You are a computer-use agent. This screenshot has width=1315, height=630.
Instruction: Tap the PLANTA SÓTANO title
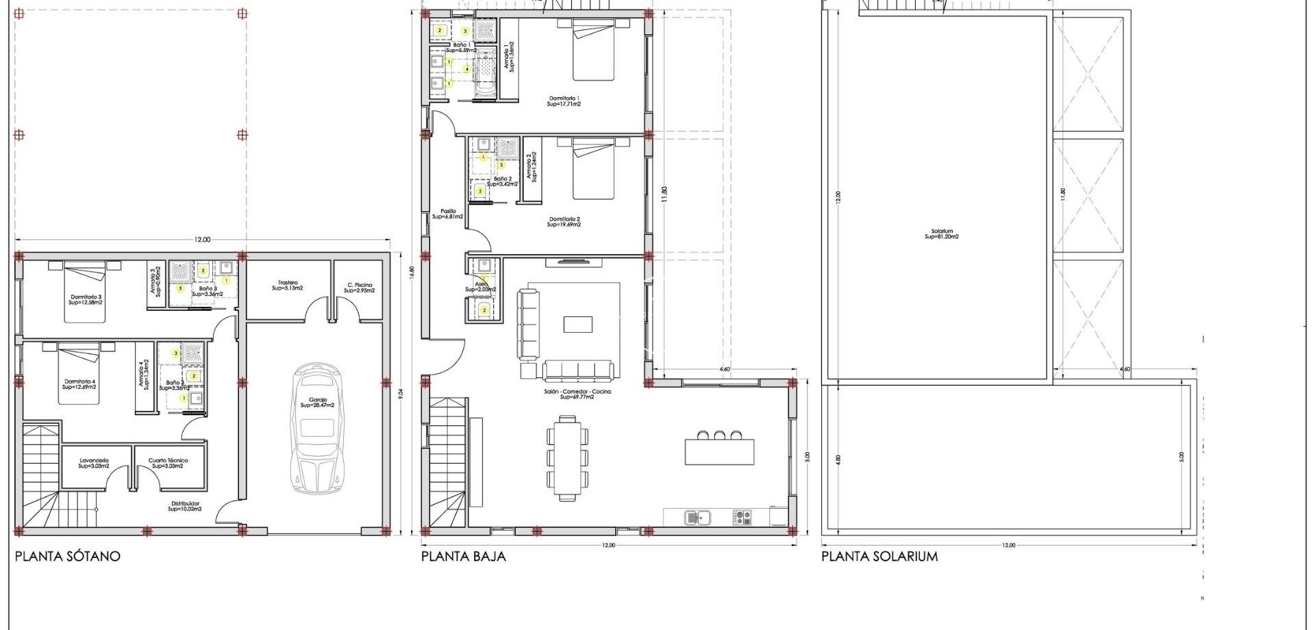[68, 556]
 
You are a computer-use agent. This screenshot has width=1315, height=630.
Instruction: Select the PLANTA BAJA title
[464, 556]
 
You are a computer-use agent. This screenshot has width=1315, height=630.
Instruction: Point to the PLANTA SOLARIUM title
[879, 556]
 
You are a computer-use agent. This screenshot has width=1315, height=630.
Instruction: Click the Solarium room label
[942, 234]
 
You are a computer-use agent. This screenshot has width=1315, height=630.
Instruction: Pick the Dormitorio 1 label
[564, 101]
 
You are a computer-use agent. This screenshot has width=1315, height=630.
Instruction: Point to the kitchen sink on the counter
[697, 517]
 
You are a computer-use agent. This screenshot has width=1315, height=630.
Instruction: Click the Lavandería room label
[94, 463]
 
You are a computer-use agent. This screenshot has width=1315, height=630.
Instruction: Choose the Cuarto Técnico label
[168, 463]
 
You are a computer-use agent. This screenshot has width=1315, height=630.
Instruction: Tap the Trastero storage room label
[288, 285]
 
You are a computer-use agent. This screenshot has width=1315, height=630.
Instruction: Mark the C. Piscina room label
[359, 288]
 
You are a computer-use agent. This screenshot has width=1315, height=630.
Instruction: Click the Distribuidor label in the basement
[185, 506]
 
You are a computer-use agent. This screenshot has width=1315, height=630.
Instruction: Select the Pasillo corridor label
[448, 214]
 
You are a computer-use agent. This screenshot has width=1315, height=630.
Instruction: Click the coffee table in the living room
[578, 324]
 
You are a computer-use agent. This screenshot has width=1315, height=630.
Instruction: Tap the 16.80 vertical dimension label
[411, 271]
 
